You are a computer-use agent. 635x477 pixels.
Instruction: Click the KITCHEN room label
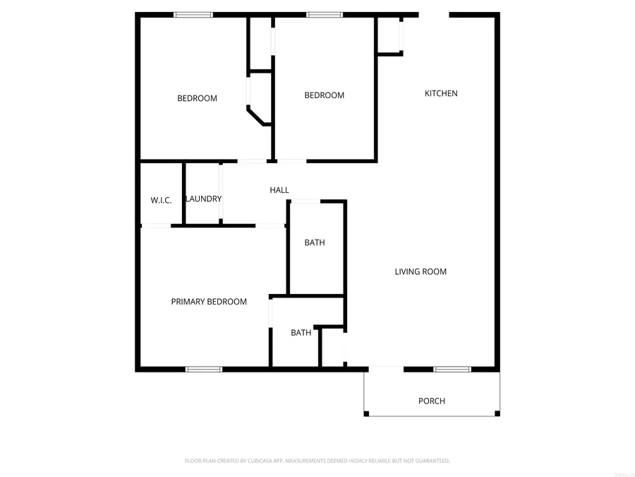click(x=441, y=93)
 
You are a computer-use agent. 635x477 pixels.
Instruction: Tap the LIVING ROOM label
click(x=421, y=271)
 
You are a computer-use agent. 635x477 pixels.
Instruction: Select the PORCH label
click(x=432, y=401)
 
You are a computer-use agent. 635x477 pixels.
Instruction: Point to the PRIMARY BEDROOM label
click(x=209, y=302)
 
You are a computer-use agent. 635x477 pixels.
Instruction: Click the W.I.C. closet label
click(x=161, y=201)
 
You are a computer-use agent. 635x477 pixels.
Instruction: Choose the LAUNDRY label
click(x=204, y=199)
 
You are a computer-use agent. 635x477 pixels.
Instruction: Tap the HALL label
click(x=279, y=190)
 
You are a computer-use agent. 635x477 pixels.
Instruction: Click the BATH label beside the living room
click(x=315, y=242)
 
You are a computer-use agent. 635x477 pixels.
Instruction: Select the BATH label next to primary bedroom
click(x=301, y=333)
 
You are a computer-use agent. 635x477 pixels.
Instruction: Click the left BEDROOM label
click(x=197, y=98)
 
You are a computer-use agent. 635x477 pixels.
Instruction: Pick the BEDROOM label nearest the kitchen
click(x=325, y=95)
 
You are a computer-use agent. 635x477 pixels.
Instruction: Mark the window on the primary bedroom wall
click(x=204, y=369)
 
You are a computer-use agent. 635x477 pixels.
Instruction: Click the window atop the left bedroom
click(x=193, y=15)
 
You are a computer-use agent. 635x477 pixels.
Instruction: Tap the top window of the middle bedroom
click(x=325, y=15)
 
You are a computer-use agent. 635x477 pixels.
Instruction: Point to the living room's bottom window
click(x=452, y=369)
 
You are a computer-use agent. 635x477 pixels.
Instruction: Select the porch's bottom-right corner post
click(x=497, y=413)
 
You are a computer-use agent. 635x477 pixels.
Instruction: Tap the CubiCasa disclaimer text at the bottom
click(x=317, y=461)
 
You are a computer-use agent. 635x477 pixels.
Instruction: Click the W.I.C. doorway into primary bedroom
click(x=157, y=225)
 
